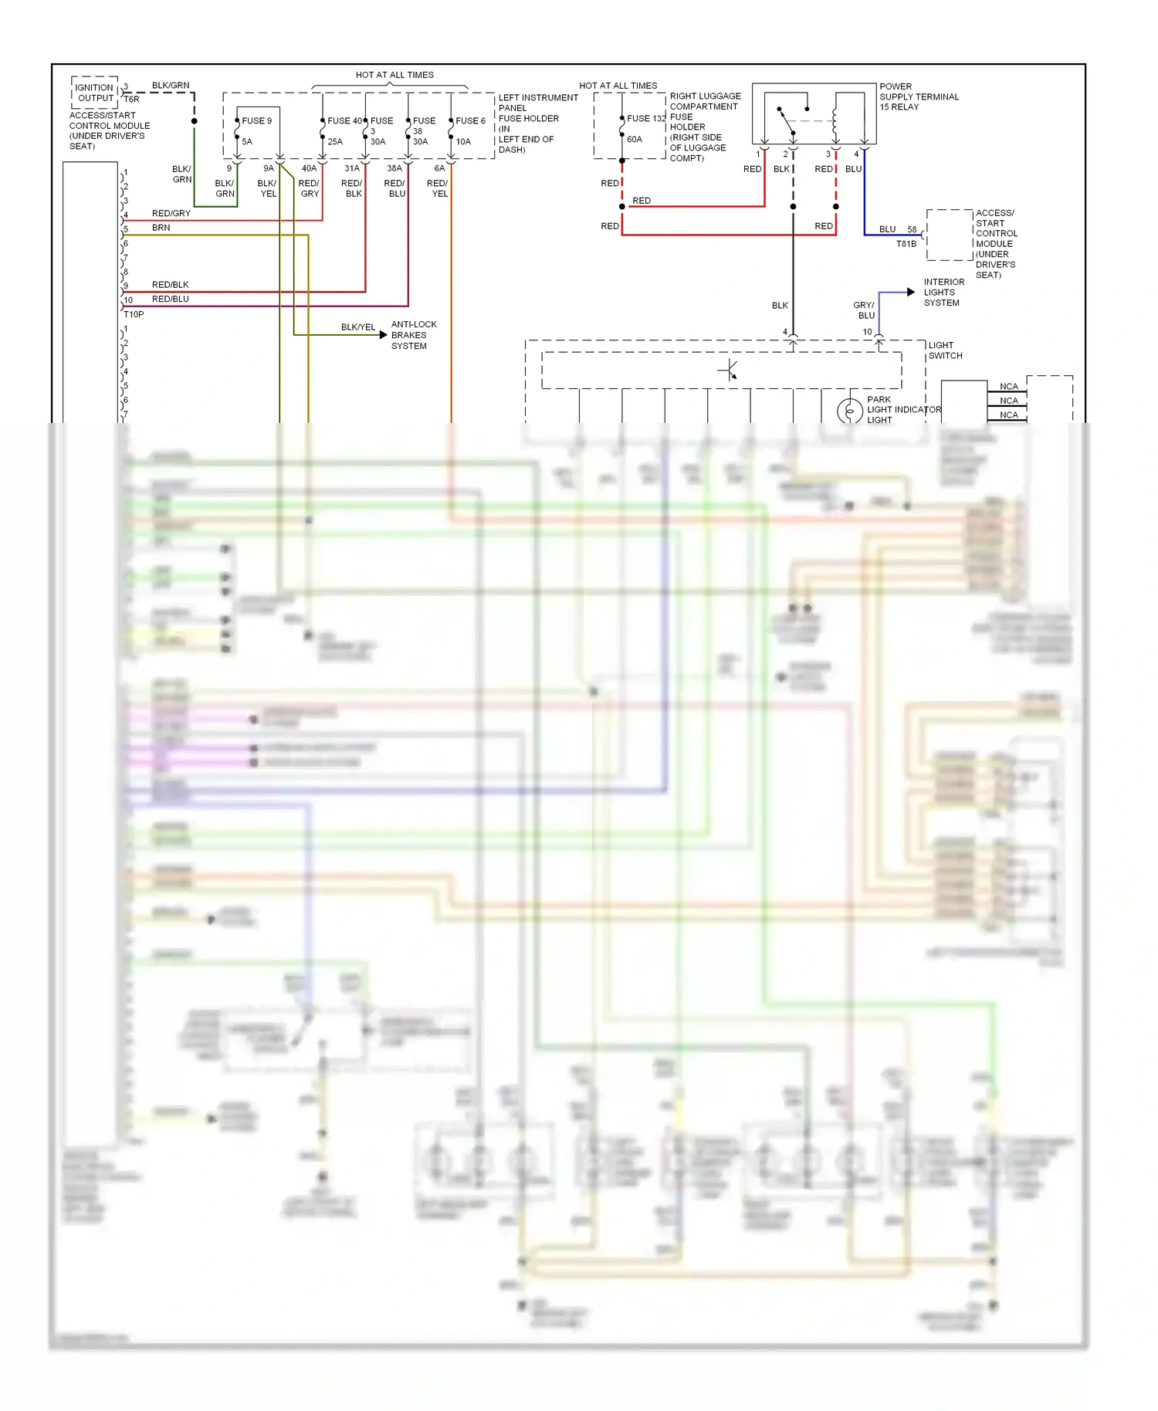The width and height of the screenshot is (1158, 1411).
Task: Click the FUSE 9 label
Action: [256, 120]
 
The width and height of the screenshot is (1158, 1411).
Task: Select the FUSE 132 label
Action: [646, 118]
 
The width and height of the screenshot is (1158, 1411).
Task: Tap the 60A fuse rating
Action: [635, 140]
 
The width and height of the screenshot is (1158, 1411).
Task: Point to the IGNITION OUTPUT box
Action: [95, 93]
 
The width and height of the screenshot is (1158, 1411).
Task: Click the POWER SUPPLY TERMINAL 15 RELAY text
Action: [919, 96]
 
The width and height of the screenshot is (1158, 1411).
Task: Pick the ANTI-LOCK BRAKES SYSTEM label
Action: [413, 335]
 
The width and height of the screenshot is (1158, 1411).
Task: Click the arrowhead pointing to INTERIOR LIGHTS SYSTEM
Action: [911, 292]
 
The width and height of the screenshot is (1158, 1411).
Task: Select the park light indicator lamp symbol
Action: [850, 411]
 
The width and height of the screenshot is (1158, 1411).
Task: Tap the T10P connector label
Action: [134, 314]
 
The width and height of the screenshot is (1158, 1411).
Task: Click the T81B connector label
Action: [906, 244]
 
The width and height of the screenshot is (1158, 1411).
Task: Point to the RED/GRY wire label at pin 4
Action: [171, 213]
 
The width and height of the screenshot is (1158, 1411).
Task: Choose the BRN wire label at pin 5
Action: [161, 228]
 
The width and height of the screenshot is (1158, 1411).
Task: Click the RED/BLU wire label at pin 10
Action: [170, 299]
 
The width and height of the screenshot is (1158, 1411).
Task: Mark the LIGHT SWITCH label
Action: [945, 350]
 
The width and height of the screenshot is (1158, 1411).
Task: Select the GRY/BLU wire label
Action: [865, 310]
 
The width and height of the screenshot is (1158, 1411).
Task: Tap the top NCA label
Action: [1008, 386]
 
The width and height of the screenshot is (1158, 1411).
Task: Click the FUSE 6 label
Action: [470, 120]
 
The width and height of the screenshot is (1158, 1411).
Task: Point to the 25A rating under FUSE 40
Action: [335, 142]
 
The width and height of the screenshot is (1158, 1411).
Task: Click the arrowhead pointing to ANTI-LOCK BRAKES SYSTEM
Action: [383, 335]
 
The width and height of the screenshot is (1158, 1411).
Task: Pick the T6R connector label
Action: [132, 99]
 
